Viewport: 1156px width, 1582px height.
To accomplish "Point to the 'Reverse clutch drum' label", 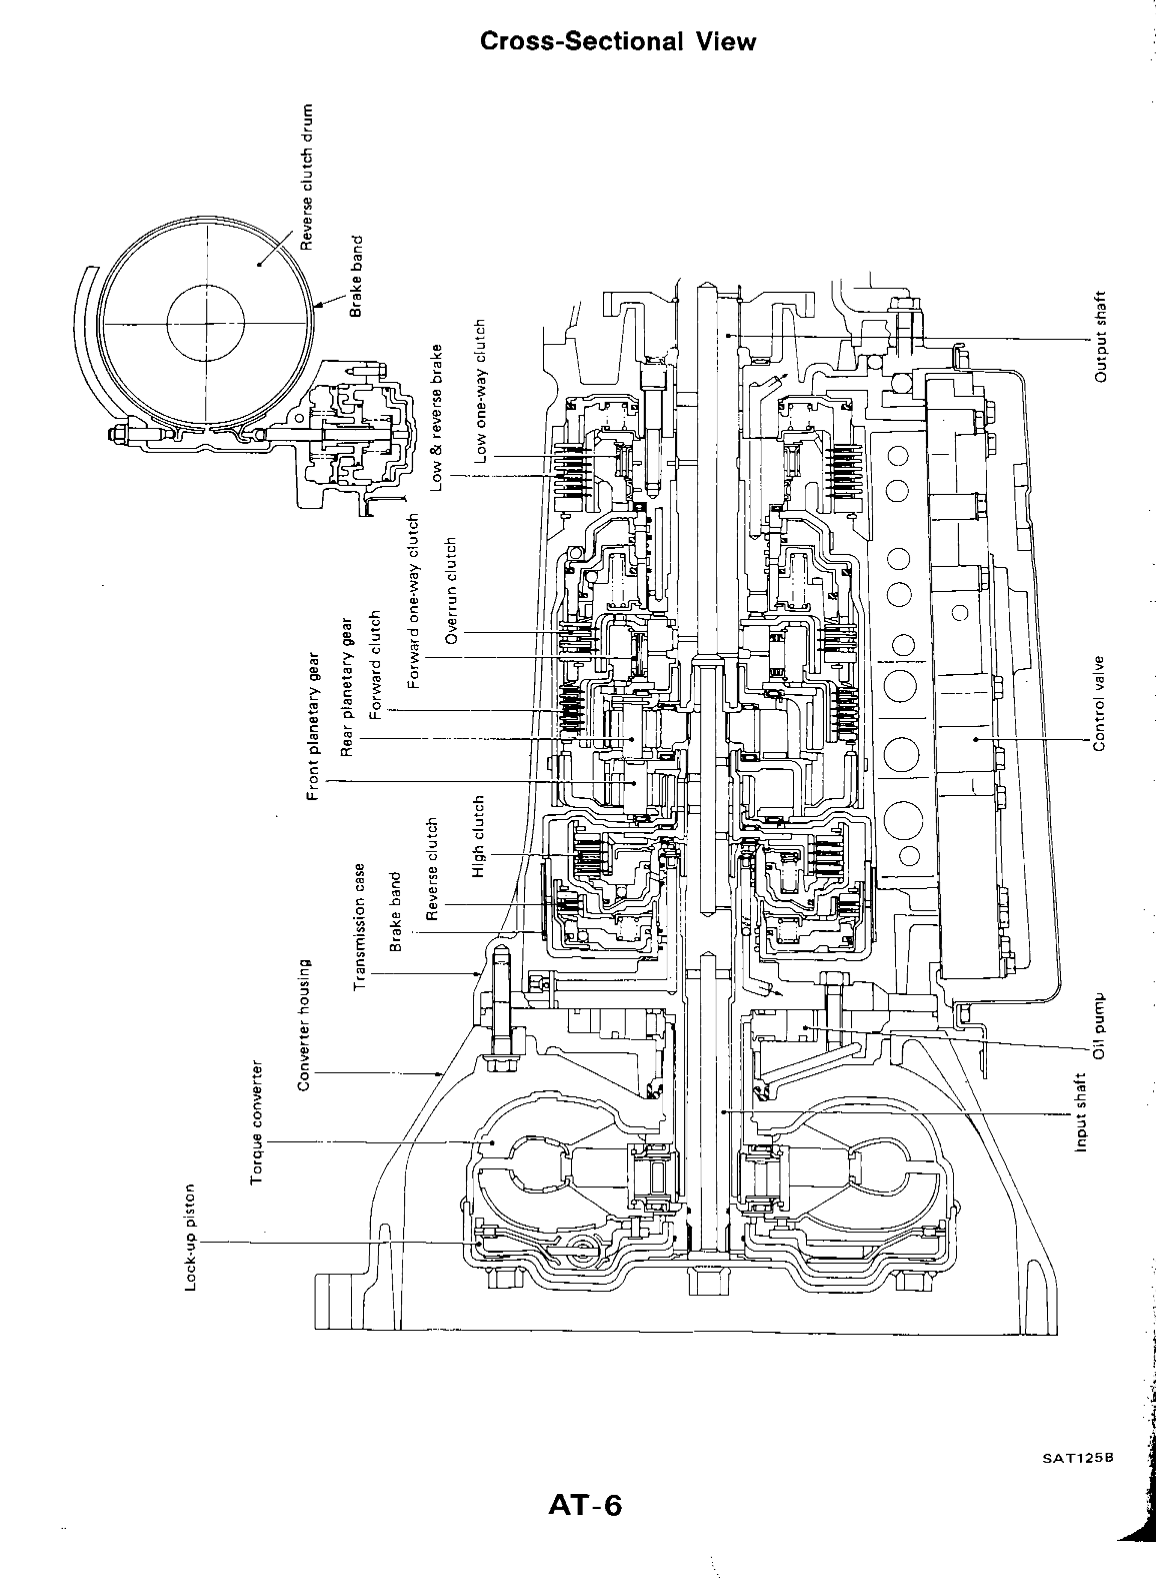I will tap(306, 176).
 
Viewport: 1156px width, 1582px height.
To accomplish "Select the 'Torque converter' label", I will tap(256, 1123).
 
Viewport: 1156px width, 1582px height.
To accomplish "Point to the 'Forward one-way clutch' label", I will tap(413, 601).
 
